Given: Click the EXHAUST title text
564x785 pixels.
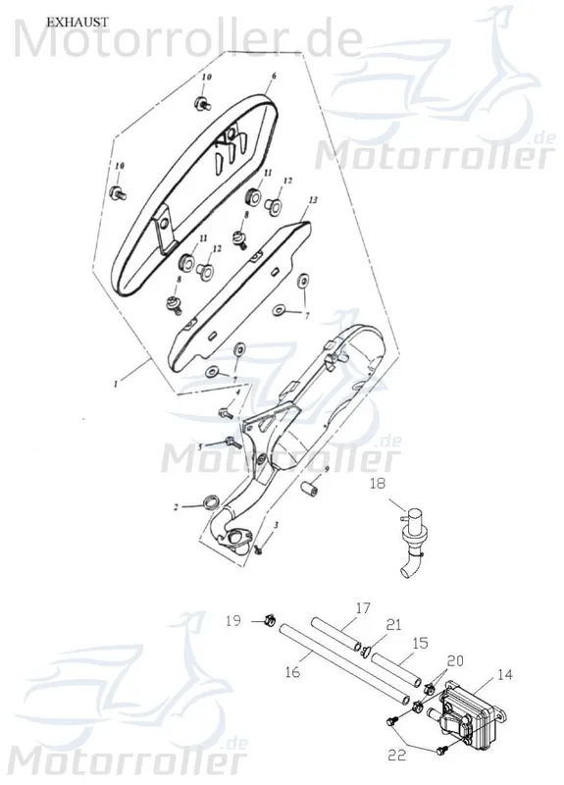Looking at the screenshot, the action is point(77,23).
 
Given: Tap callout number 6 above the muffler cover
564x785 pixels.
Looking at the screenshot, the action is point(274,77).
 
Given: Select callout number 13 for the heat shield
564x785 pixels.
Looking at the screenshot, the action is point(313,200).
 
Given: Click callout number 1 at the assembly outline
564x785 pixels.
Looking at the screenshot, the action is point(116,384).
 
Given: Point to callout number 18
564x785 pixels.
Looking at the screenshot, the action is point(379,484).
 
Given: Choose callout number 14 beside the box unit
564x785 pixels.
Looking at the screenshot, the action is point(505,674).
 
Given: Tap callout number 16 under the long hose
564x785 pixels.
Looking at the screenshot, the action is point(291,671).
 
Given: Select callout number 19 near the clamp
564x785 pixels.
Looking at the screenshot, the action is point(233,621).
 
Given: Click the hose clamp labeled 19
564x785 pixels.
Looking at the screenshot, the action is point(269,621).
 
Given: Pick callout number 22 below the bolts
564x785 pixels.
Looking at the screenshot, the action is point(397,755).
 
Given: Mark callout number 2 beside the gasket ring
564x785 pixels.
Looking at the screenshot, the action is point(176,507).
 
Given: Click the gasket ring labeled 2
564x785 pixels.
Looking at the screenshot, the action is point(211,501).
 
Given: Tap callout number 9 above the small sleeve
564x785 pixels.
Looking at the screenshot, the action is point(327,469).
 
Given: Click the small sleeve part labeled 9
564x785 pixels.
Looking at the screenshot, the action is point(310,488).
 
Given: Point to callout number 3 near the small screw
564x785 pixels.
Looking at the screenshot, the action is point(276,524).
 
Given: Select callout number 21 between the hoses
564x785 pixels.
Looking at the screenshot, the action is point(394,625).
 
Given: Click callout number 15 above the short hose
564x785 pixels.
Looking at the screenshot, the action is point(421,643).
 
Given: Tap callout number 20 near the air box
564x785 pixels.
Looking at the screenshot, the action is point(455,660).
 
